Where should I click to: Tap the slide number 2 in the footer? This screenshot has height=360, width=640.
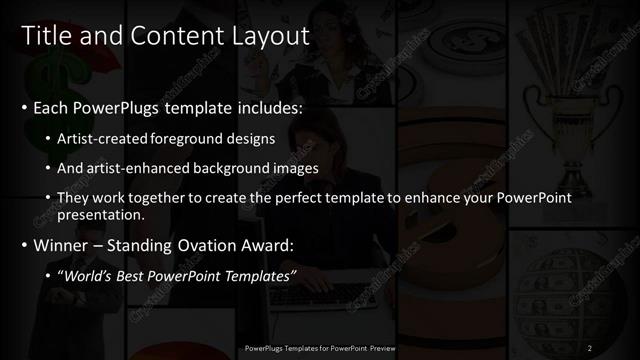[x=590, y=348]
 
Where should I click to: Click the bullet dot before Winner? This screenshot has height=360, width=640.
[x=24, y=245]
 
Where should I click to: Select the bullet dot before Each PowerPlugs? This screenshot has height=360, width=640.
[x=24, y=106]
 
